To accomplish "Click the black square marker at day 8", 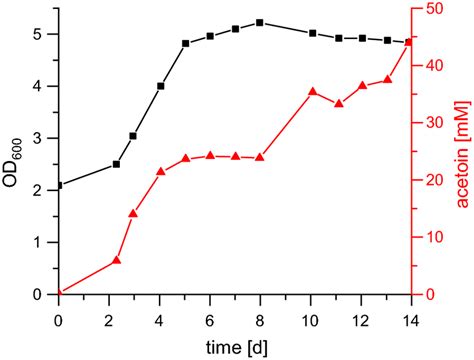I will pos(260,22).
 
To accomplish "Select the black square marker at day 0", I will pos(59,185).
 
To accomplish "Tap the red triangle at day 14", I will pos(409,42).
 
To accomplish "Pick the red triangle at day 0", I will pos(59,293).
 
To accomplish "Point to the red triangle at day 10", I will pos(312,92).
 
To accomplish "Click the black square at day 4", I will pos(161,86).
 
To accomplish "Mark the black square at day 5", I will pos(186,44).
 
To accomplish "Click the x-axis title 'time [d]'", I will pos(234,343).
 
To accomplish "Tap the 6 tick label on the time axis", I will pos(210,317).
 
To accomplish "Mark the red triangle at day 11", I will pos(339,103).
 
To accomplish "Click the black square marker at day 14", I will pos(409,42).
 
